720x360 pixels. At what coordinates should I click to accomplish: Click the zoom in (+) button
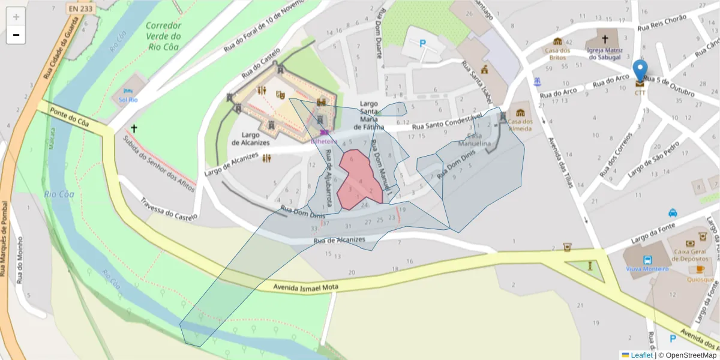pyautogui.click(x=16, y=17)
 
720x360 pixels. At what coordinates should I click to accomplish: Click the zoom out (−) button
pyautogui.click(x=16, y=35)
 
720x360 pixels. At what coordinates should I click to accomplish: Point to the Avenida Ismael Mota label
pyautogui.click(x=306, y=288)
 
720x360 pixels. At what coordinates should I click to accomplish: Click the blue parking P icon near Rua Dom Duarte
pyautogui.click(x=422, y=43)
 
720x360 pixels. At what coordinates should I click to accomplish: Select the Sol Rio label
pyautogui.click(x=128, y=100)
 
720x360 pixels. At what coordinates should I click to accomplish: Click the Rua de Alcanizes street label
pyautogui.click(x=340, y=241)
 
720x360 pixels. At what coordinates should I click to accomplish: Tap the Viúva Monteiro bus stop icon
pyautogui.click(x=647, y=260)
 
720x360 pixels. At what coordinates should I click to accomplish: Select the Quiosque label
pyautogui.click(x=701, y=280)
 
